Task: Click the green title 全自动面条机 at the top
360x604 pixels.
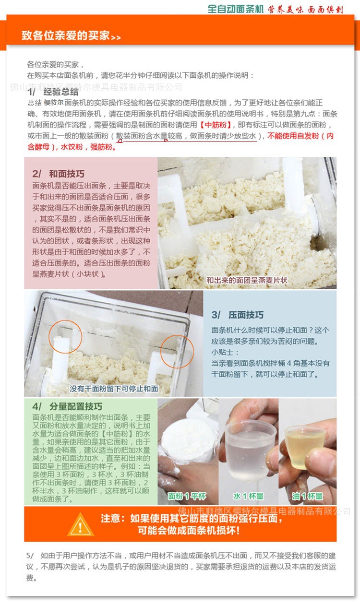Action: tap(235, 9)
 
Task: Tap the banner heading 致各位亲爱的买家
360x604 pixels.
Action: tap(66, 36)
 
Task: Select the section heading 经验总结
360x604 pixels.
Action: tap(61, 92)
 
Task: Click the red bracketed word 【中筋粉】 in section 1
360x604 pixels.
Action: tap(216, 125)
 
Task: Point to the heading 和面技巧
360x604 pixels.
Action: tap(67, 174)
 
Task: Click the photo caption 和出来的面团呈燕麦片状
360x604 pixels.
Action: tap(247, 281)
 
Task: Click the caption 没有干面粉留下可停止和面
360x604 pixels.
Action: tap(114, 389)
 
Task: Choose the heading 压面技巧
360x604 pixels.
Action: tap(246, 315)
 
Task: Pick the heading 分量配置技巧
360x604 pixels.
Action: tap(76, 406)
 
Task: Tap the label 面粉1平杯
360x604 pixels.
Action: tap(187, 496)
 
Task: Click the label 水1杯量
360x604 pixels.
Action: tap(248, 496)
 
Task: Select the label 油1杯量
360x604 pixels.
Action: tap(307, 496)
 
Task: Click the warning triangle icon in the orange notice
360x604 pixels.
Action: tap(80, 524)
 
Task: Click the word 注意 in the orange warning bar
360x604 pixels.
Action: tap(111, 518)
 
